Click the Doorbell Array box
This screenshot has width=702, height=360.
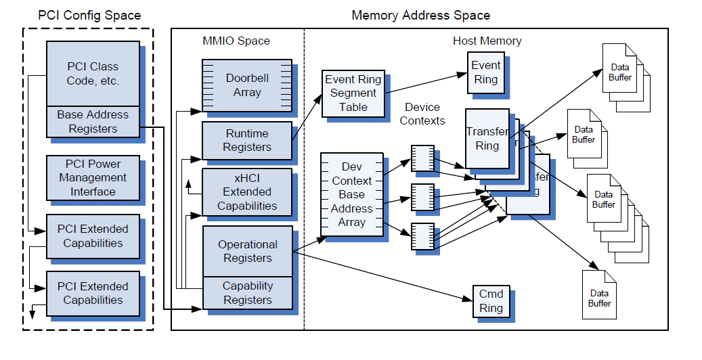[247, 85]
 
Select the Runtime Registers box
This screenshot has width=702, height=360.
[247, 140]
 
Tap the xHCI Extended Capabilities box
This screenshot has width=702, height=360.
[247, 192]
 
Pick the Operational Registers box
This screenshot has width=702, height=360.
[247, 251]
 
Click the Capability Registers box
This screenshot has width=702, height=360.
[247, 293]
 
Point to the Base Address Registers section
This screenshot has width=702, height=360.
[93, 122]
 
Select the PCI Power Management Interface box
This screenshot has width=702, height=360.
[93, 178]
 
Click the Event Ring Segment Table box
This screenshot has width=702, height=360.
[353, 93]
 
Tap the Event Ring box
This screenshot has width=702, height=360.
[486, 72]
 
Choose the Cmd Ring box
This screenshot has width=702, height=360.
[491, 301]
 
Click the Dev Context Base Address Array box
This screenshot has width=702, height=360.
[352, 195]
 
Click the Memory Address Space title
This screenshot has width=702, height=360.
[420, 15]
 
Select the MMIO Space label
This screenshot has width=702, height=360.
[236, 41]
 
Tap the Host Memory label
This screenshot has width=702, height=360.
[487, 41]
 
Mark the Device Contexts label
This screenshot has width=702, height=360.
[422, 114]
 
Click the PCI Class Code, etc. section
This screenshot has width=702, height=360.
[93, 73]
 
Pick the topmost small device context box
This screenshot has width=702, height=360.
[422, 157]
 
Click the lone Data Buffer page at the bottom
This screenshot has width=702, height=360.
[599, 295]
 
